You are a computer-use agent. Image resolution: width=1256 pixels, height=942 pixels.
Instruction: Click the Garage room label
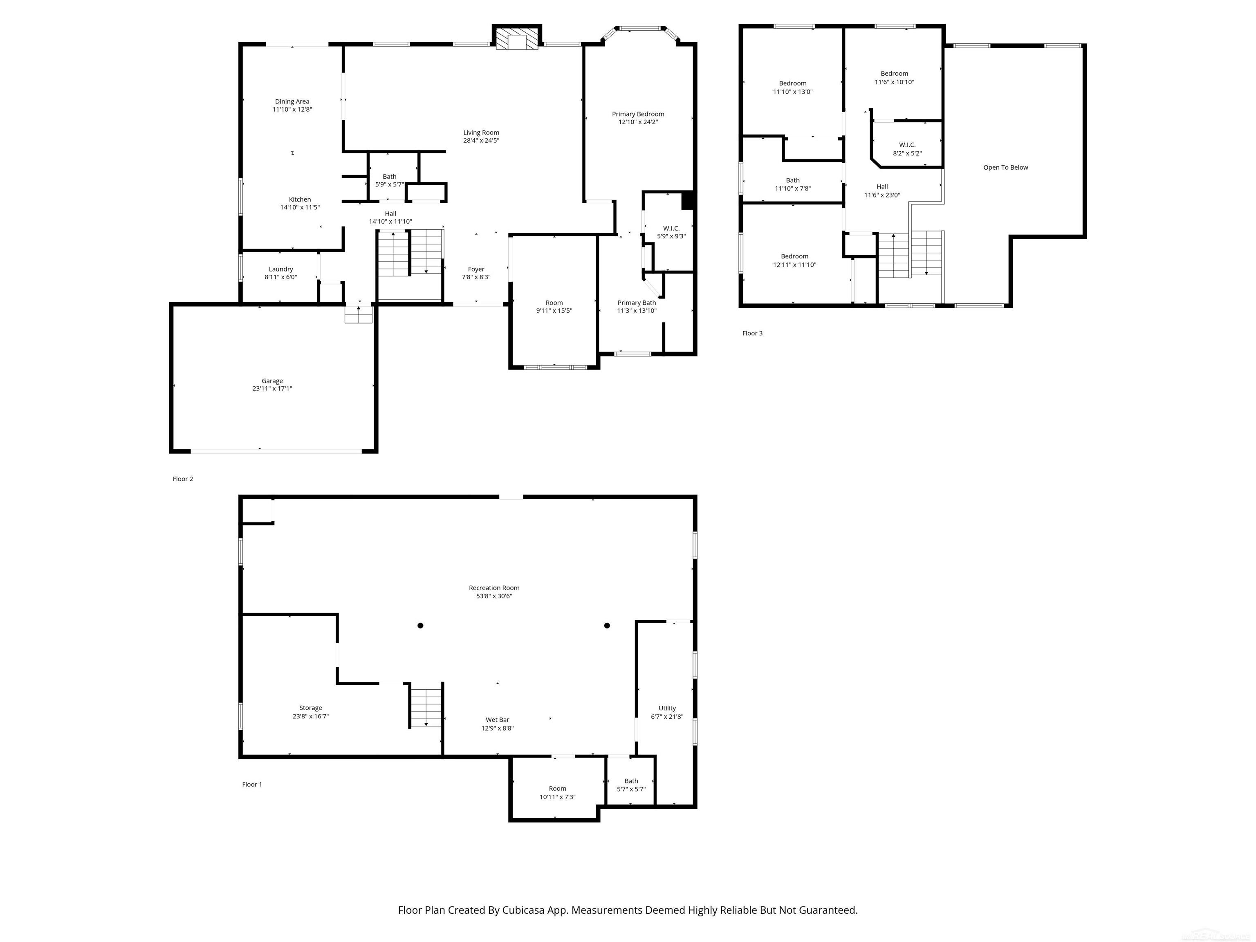(x=272, y=381)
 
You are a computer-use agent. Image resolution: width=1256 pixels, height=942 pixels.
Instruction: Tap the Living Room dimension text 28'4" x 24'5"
(x=481, y=141)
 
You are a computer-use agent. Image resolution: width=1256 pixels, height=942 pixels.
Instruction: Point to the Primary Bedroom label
(x=638, y=114)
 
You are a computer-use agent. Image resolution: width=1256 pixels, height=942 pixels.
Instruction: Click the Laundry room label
(x=280, y=269)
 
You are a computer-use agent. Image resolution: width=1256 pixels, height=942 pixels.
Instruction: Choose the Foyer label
(x=476, y=269)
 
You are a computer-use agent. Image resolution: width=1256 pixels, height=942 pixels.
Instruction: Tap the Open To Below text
(x=1005, y=168)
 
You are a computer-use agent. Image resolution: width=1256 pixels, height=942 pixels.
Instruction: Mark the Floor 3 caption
(x=752, y=333)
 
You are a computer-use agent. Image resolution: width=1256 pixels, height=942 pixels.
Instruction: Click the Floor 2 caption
(x=183, y=479)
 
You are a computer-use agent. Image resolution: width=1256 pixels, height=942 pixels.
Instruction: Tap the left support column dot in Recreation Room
(x=420, y=625)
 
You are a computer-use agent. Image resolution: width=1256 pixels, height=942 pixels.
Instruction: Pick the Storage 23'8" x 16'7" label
(x=311, y=712)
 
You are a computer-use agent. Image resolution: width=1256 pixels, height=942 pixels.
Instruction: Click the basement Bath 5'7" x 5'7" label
(x=631, y=785)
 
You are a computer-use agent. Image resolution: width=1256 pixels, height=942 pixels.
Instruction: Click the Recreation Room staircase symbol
(x=426, y=707)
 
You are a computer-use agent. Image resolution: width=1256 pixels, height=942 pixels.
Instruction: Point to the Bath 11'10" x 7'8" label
(x=793, y=184)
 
